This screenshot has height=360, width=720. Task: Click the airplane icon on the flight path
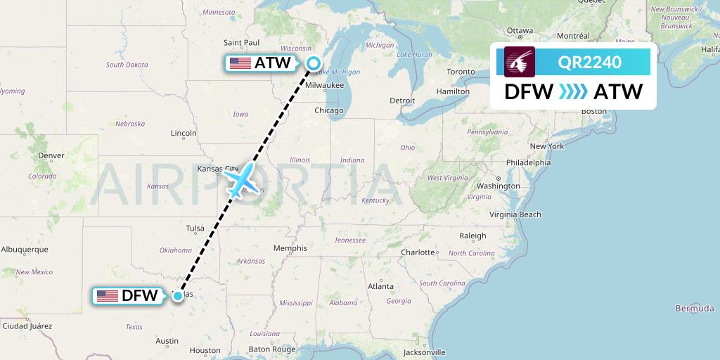point(242,181)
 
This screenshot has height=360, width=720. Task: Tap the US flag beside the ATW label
point(240,63)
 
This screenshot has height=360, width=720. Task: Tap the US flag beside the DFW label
point(108,296)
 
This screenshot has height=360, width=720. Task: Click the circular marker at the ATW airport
point(314,63)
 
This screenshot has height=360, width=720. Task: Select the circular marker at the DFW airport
point(179,296)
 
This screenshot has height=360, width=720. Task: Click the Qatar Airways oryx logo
point(520,62)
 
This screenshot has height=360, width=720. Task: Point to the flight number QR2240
point(589,63)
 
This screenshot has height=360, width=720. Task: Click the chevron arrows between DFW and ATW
point(572,91)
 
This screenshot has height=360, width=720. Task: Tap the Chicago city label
point(328,110)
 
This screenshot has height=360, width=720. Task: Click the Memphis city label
point(290,248)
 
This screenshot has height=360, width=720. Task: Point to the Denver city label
point(51,155)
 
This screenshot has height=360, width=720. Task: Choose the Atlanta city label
point(380,286)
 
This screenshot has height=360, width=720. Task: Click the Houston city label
point(205,350)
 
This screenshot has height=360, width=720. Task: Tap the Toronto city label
point(461,72)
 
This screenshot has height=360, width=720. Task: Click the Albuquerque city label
point(24,249)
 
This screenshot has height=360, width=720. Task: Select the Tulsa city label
point(195,228)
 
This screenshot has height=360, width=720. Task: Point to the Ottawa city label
point(520,31)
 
